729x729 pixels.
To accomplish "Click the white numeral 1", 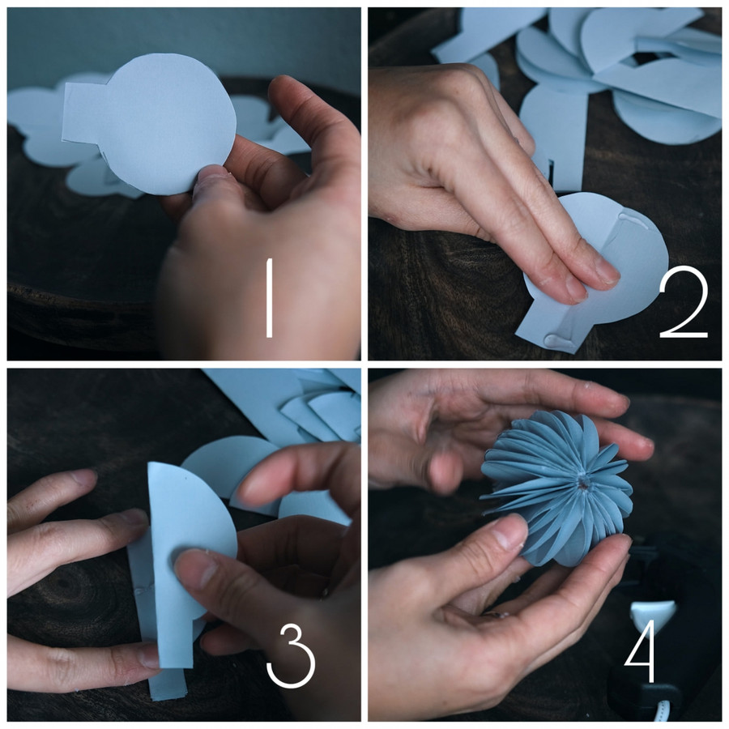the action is click(x=269, y=298).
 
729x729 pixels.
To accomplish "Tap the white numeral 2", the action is click(x=684, y=305).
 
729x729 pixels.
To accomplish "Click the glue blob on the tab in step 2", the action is click(x=556, y=341).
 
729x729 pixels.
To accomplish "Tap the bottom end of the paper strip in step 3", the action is click(x=168, y=693).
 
